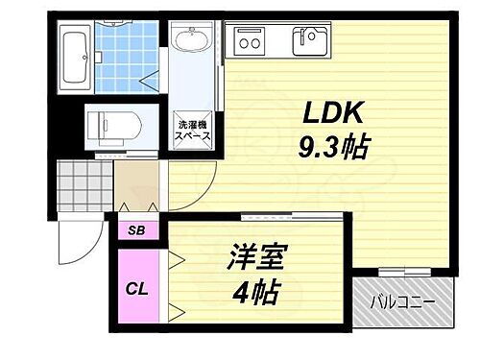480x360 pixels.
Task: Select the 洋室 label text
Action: pyautogui.click(x=256, y=260)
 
